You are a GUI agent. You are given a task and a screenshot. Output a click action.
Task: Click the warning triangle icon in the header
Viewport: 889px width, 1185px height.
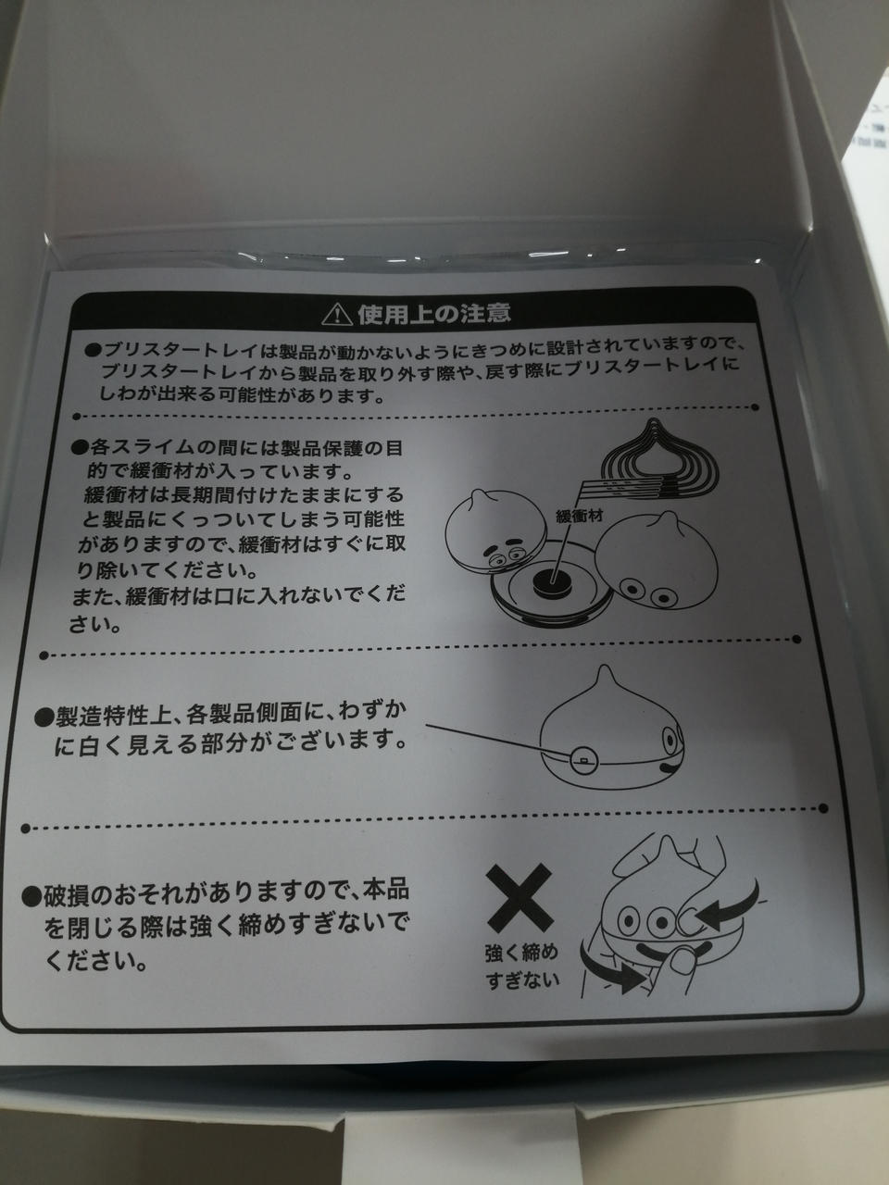(x=336, y=314)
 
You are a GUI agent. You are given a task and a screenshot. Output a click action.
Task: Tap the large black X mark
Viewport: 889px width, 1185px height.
(x=520, y=898)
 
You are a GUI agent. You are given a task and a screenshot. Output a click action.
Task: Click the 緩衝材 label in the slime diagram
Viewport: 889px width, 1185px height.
(x=579, y=516)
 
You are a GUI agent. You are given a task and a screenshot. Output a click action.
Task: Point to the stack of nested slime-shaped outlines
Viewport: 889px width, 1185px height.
(x=659, y=452)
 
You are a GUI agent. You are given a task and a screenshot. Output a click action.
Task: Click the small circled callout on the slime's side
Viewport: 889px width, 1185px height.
(x=584, y=762)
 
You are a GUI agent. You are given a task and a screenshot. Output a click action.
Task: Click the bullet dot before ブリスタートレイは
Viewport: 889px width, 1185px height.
(x=93, y=350)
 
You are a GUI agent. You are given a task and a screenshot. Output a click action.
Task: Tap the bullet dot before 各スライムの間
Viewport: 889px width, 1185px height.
(x=80, y=447)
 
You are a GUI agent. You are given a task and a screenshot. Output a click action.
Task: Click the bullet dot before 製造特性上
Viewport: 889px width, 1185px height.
(x=43, y=718)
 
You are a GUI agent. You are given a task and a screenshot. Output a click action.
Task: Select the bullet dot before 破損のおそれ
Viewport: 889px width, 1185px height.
(x=31, y=898)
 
